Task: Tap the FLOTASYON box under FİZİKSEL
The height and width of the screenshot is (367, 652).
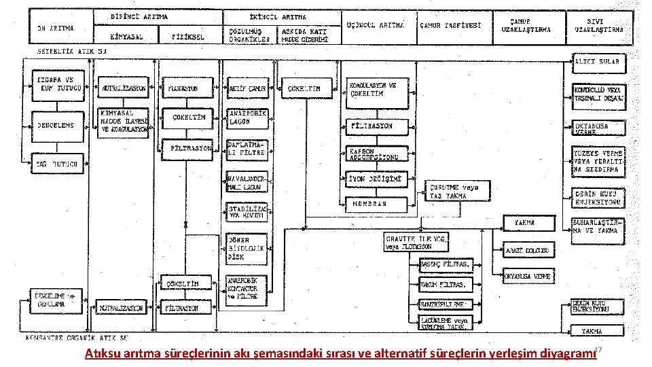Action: pos(184,88)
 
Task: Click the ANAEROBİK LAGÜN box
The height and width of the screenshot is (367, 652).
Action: pos(248,118)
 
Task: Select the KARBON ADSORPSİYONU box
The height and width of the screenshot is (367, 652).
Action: pos(378,154)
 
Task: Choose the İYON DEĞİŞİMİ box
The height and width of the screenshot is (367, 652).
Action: pos(378,179)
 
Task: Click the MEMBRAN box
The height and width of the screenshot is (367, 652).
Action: pos(378,203)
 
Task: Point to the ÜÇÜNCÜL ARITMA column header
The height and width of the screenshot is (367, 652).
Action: pos(375,24)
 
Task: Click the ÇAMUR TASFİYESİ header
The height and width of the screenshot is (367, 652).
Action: pos(451,24)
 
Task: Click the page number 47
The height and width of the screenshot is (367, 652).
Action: pos(598,350)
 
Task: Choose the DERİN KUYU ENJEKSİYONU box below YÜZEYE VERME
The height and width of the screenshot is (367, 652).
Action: pos(598,197)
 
